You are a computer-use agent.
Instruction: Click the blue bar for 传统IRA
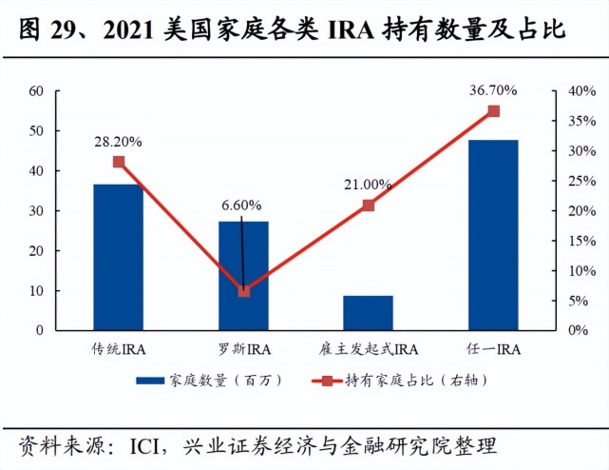tap(119, 257)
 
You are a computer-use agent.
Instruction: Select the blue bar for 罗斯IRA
tap(244, 276)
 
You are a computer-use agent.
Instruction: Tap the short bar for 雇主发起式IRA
tap(368, 313)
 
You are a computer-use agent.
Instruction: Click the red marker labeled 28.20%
tap(119, 162)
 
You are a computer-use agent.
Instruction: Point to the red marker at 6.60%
tap(244, 291)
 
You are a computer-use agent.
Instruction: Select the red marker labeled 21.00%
tap(369, 206)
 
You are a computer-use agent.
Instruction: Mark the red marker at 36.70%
tap(493, 111)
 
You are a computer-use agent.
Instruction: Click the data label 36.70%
tap(493, 90)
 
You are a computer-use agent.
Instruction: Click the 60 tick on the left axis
tap(37, 91)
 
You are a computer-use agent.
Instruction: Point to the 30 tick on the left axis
tap(37, 211)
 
